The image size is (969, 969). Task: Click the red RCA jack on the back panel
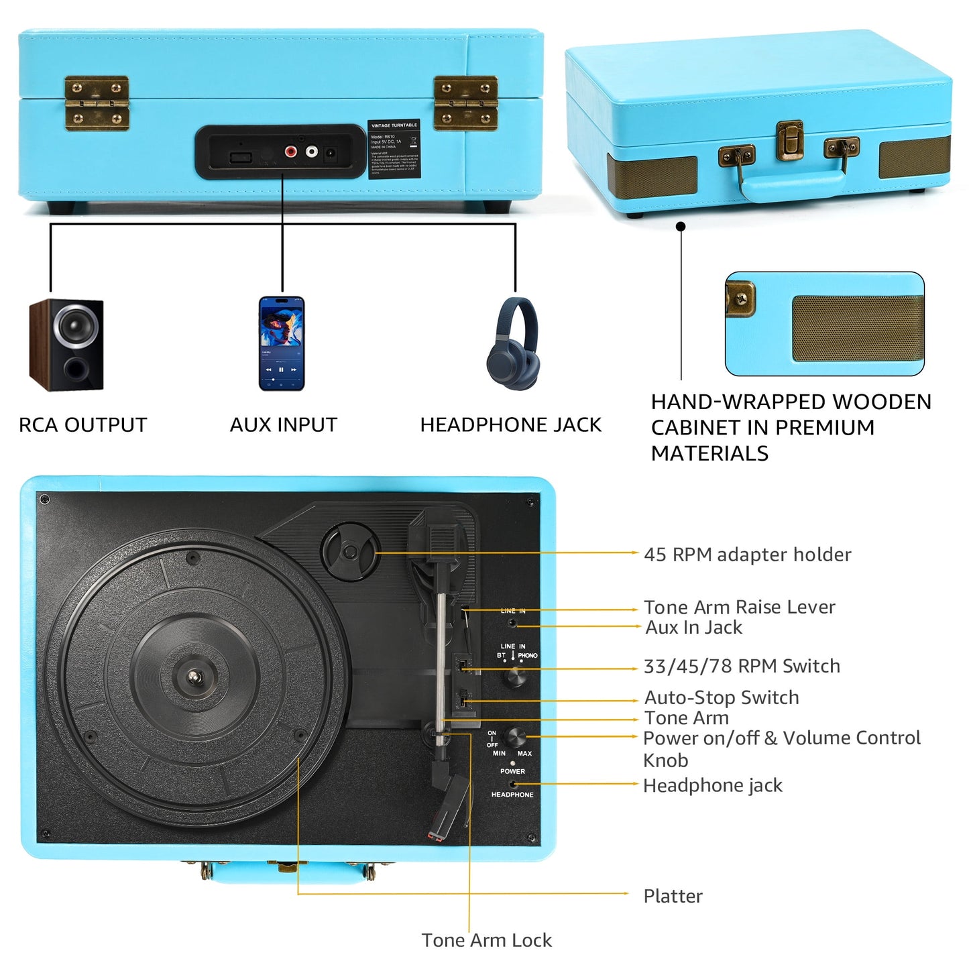291,152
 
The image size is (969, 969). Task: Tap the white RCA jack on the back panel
312,152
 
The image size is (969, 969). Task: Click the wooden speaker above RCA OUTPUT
66,345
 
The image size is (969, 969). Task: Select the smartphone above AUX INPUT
282,343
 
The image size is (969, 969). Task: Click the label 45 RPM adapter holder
747,555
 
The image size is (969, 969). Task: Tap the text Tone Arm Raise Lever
739,607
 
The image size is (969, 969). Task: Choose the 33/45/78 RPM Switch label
742,666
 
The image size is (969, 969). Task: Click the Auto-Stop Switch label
722,697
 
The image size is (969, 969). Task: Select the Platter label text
673,896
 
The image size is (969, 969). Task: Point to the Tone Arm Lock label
487,940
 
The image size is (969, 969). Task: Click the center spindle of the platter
195,677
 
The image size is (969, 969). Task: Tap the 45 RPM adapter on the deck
350,552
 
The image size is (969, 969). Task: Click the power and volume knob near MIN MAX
514,738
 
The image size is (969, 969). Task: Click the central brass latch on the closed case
790,140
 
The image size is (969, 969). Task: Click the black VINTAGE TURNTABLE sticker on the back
394,150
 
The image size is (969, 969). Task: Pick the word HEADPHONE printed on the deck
512,795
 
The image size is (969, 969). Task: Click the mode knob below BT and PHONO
516,677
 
